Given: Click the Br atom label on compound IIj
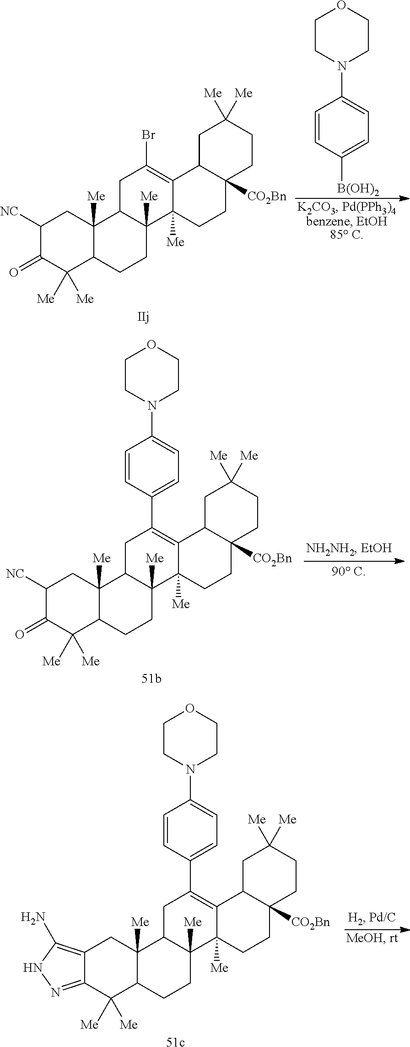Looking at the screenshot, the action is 148,135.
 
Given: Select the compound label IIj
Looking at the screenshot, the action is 143,317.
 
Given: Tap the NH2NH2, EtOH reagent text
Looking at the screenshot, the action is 349,548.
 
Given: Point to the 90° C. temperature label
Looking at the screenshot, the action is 349,572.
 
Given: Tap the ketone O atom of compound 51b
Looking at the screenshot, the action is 19,634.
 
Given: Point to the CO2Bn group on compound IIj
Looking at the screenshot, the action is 267,196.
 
